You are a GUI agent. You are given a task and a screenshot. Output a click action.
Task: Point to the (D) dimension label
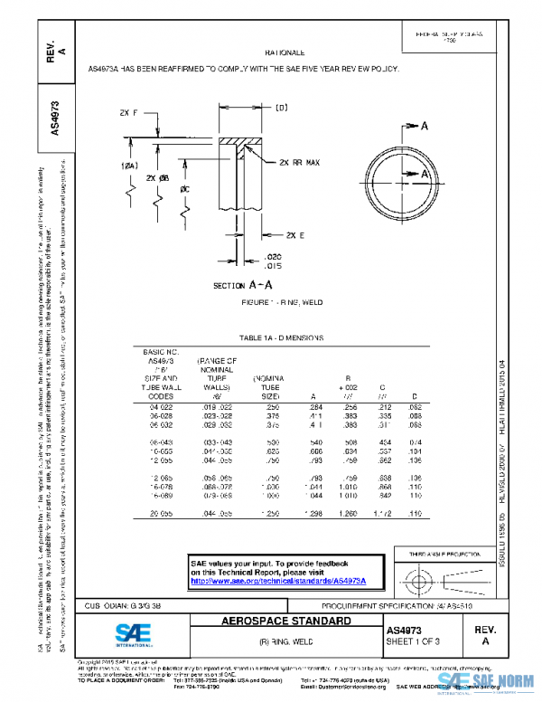click(281, 108)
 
